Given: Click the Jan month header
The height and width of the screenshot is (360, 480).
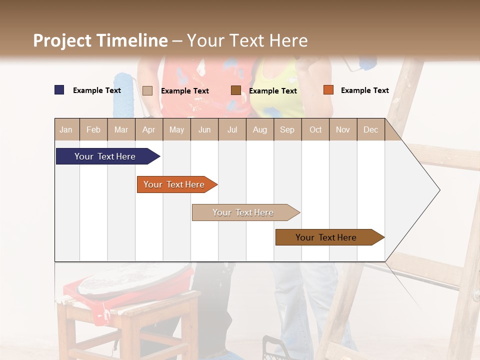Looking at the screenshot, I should (66, 129).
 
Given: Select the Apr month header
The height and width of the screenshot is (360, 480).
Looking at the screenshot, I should (148, 129).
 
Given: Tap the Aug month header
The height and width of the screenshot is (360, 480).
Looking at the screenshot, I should (259, 129).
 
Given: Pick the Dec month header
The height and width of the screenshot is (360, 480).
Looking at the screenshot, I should (370, 129).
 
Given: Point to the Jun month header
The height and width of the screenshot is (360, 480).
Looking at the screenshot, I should (204, 129).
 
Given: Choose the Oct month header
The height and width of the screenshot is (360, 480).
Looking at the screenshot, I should (315, 129).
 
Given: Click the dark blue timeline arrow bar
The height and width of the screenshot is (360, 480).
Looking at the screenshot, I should (105, 156).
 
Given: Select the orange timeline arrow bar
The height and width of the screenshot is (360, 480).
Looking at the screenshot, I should (174, 184).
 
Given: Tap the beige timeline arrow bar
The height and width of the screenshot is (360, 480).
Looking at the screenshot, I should (243, 212).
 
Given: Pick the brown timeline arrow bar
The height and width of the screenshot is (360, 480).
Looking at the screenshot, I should (326, 237).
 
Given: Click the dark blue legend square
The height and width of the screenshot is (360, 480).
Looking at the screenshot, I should (59, 90).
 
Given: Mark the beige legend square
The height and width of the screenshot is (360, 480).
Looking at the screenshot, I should (147, 90).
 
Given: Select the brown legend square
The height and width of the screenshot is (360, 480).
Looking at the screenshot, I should (235, 90).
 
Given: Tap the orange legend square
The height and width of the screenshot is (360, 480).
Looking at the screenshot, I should (328, 90).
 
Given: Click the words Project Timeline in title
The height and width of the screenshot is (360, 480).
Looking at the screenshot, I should (100, 40).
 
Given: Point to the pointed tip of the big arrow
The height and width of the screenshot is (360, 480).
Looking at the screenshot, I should (439, 190).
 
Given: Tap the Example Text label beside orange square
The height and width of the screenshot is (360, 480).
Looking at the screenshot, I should (364, 90).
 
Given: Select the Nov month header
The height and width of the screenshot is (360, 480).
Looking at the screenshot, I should (342, 129).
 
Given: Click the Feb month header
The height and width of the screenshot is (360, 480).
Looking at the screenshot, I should (93, 129).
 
